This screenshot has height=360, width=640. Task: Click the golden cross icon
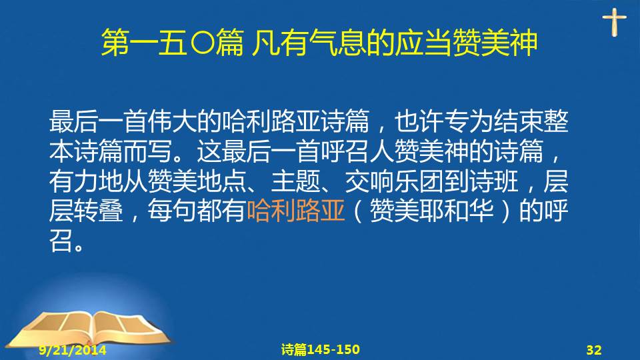(614, 22)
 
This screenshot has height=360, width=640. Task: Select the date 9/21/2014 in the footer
(73, 350)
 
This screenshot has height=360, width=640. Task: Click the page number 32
(594, 350)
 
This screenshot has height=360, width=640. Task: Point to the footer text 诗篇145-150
(321, 349)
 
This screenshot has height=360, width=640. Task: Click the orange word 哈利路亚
(296, 211)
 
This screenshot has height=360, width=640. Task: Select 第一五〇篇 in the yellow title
(173, 43)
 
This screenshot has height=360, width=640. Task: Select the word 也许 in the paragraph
(419, 121)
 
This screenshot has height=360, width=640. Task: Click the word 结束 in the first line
(517, 121)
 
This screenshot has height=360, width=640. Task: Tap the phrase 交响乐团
(394, 181)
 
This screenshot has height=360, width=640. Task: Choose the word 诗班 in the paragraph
(494, 181)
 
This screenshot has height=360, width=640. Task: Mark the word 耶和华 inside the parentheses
(456, 211)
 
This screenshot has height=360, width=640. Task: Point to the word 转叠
(99, 211)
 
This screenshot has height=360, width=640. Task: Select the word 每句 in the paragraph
(173, 211)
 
